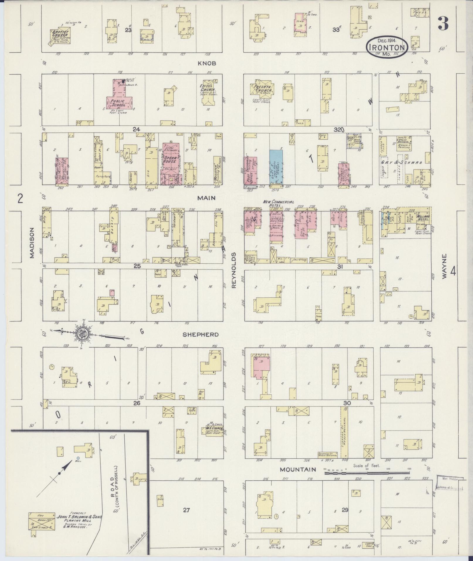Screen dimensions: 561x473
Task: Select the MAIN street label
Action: [x=206, y=198]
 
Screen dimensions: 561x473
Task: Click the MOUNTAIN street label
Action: [x=298, y=470]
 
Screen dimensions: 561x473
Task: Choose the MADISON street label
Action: [x=32, y=243]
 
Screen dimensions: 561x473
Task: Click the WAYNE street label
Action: [x=445, y=266]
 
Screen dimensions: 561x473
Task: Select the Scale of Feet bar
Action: [x=367, y=473]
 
